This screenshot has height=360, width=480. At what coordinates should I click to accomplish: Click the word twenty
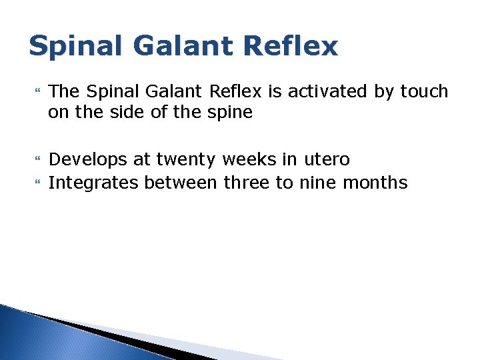point(187,160)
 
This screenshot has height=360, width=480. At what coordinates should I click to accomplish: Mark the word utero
point(326,160)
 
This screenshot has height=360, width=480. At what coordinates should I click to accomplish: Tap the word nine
point(313,182)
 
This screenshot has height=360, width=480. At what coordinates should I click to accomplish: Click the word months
point(374,182)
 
